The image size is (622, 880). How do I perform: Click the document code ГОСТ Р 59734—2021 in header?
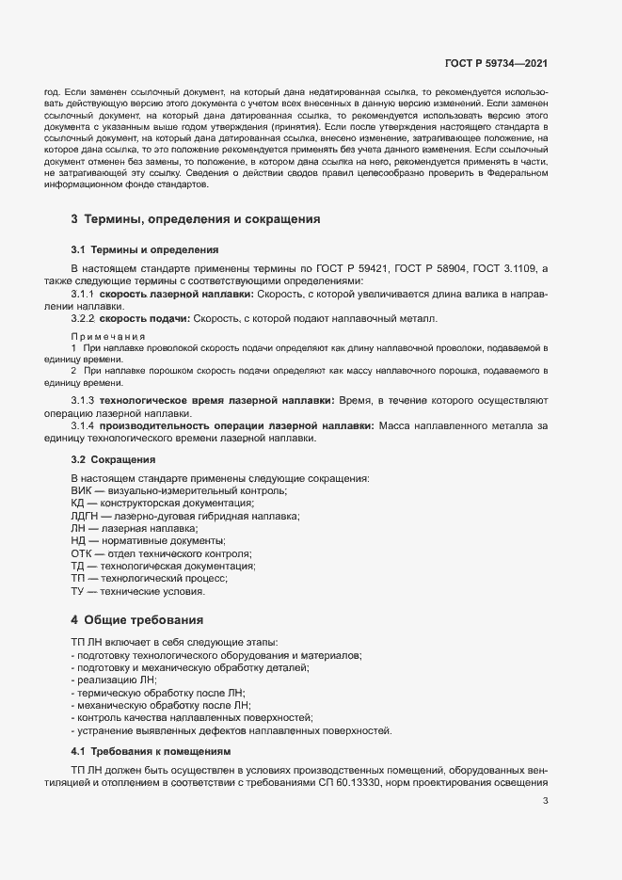tap(496, 63)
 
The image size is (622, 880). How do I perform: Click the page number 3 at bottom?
tap(546, 801)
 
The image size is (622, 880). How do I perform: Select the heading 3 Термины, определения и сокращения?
tap(196, 219)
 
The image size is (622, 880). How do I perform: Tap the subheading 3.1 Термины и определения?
tap(145, 250)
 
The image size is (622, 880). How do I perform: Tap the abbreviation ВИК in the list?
tap(82, 491)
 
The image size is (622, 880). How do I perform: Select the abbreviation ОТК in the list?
tap(83, 553)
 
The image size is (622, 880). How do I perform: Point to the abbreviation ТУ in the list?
tap(79, 591)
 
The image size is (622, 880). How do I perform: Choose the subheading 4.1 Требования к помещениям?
tap(150, 751)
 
